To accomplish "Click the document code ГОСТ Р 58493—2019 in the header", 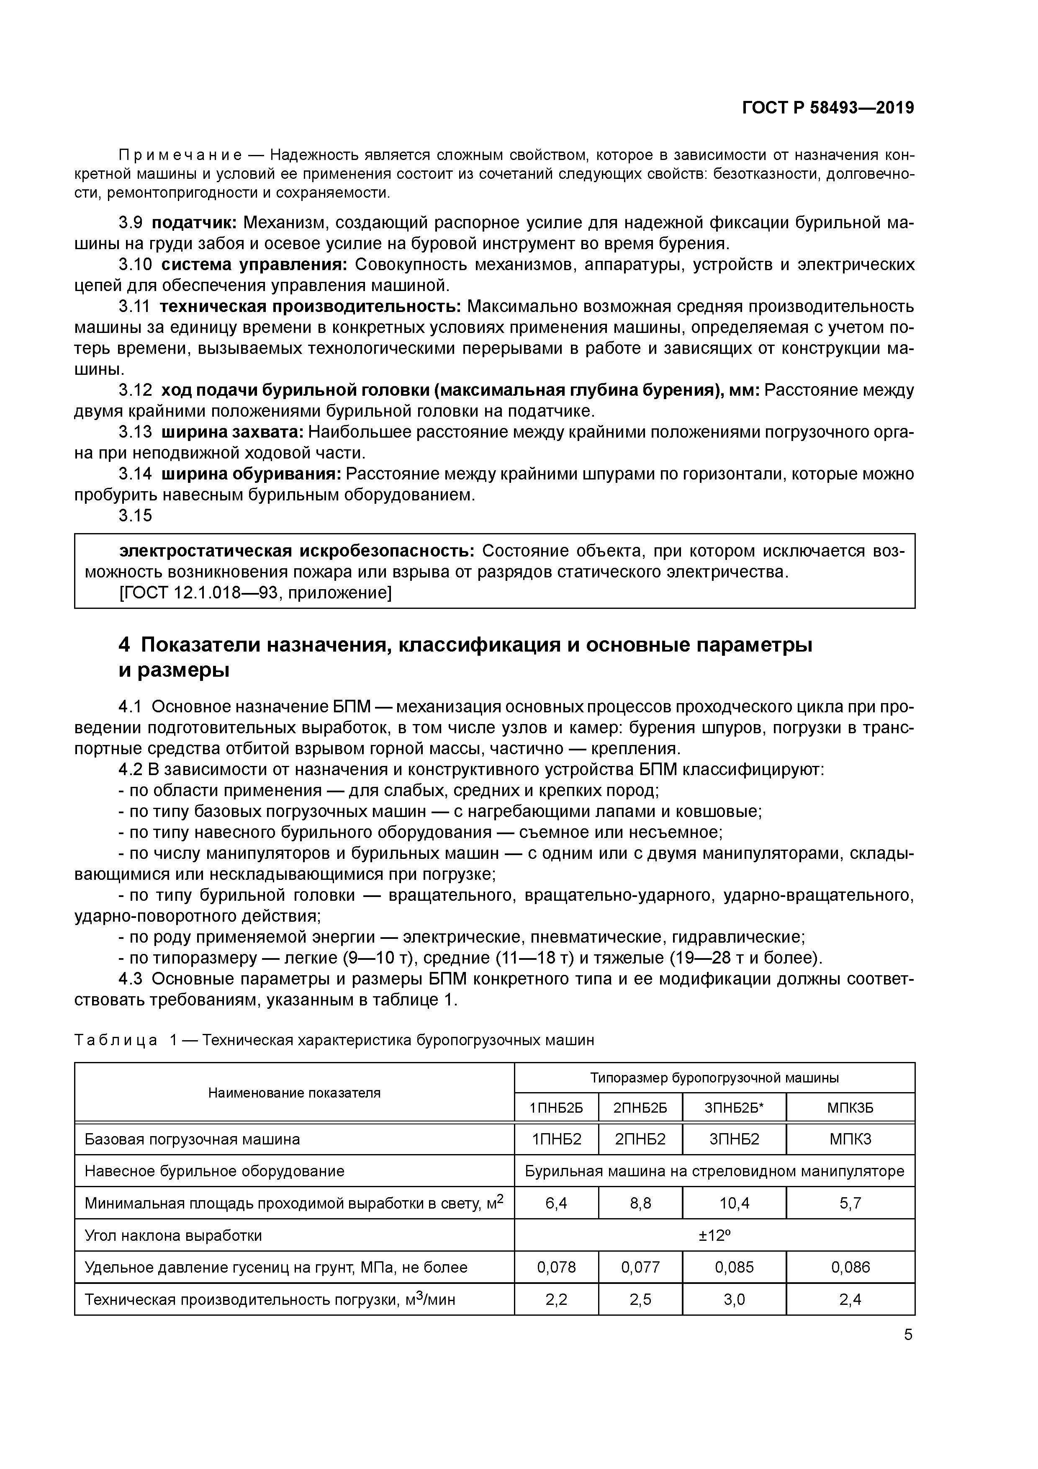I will pyautogui.click(x=827, y=108).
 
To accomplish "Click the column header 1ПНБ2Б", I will pyautogui.click(x=556, y=1108).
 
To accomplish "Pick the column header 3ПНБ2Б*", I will pyautogui.click(x=734, y=1108).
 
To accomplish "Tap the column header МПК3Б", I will pyautogui.click(x=850, y=1108).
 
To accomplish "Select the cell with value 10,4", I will pyautogui.click(x=734, y=1204).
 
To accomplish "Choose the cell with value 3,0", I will pyautogui.click(x=734, y=1299).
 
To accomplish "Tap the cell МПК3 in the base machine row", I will pyautogui.click(x=850, y=1139).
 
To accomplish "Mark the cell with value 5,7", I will pyautogui.click(x=850, y=1204).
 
